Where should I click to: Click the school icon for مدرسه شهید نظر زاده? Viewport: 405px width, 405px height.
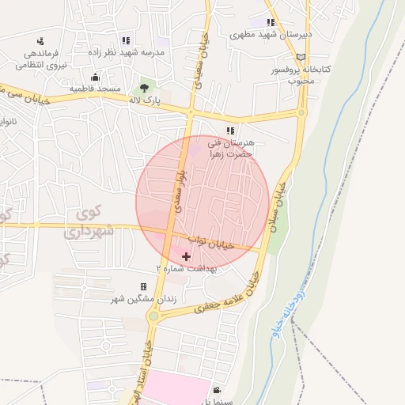[126, 40]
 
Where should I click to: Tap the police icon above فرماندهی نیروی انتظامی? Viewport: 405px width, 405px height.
[40, 41]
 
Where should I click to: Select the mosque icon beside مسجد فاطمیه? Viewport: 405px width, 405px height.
[95, 77]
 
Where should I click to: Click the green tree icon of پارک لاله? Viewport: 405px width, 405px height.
[144, 89]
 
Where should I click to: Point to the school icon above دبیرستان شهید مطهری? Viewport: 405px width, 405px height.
[271, 23]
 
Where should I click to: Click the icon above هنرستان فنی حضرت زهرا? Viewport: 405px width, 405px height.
[230, 131]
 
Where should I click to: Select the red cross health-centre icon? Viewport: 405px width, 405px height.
[186, 256]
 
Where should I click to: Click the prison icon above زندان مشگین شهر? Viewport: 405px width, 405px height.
[143, 286]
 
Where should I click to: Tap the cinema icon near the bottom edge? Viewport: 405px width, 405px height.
[217, 390]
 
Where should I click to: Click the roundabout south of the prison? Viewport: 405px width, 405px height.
[153, 316]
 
